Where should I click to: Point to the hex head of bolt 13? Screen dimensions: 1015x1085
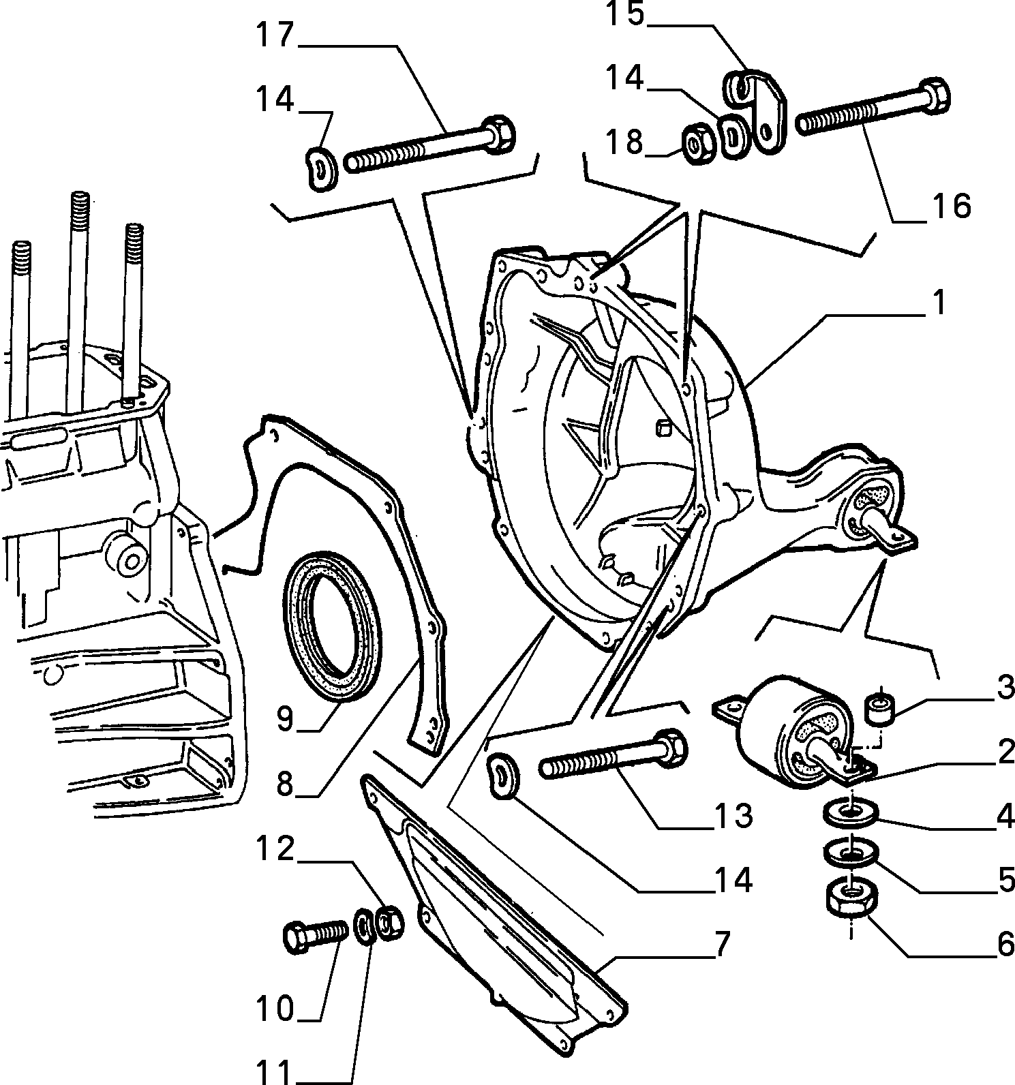coord(669,745)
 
